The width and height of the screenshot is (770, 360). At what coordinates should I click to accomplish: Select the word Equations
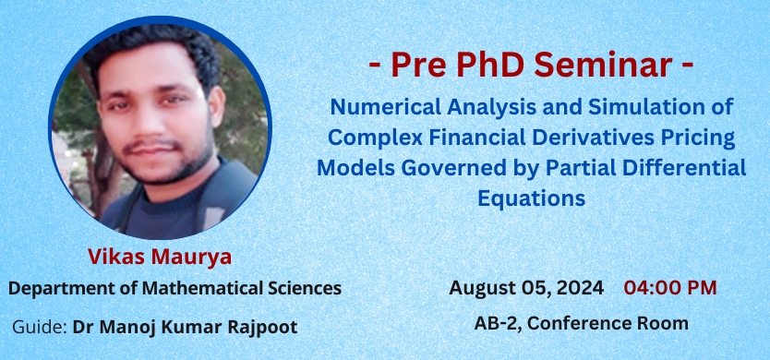coord(532,198)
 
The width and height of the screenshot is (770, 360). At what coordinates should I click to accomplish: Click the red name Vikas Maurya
coord(160,257)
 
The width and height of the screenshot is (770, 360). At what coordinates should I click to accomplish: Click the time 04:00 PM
coord(670,288)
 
